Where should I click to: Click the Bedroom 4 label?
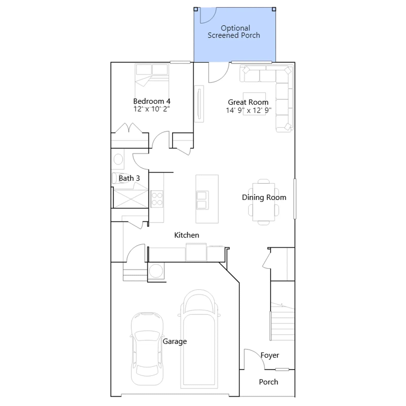152,101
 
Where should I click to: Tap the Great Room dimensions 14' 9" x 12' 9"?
249,110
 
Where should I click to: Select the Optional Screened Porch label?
234,31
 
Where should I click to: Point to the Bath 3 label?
129,178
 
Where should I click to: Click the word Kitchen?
187,235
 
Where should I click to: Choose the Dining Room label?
264,197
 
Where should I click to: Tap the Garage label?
175,341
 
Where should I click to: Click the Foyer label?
270,355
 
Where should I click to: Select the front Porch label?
268,382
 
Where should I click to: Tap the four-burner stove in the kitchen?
157,199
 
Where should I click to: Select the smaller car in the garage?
147,349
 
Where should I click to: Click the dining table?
264,202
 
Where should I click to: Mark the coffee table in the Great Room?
254,104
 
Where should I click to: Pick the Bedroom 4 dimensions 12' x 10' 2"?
152,109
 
